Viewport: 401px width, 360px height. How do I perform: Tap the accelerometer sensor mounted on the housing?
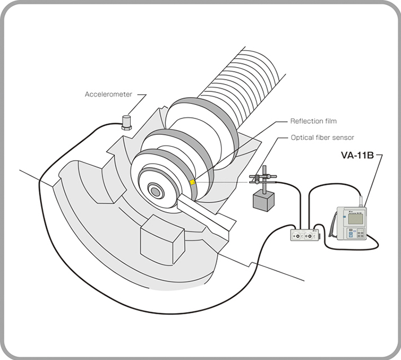click(x=126, y=122)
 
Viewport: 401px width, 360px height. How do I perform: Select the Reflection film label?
click(x=313, y=121)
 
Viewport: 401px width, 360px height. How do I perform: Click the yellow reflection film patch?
click(x=193, y=182)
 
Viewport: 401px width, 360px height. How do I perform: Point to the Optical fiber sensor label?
click(x=322, y=137)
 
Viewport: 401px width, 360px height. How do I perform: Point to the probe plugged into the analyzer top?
click(x=360, y=200)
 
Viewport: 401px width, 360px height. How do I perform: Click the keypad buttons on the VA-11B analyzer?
click(x=358, y=235)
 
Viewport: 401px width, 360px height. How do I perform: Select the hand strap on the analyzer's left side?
click(x=334, y=225)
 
